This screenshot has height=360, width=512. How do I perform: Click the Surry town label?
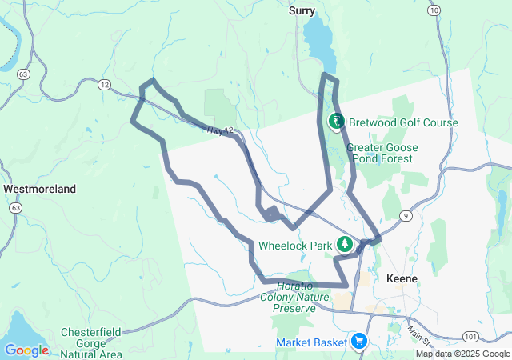[302, 11]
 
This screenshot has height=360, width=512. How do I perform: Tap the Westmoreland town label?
[40, 190]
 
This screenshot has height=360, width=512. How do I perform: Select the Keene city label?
[402, 279]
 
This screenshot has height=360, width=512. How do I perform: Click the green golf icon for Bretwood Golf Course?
[337, 122]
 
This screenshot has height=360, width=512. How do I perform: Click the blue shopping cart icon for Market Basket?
[358, 342]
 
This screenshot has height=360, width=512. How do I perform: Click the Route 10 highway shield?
[434, 10]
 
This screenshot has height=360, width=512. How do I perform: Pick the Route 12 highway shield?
[104, 83]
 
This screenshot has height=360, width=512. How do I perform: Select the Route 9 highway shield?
[407, 216]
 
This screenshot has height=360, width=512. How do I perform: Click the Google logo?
[26, 350]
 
